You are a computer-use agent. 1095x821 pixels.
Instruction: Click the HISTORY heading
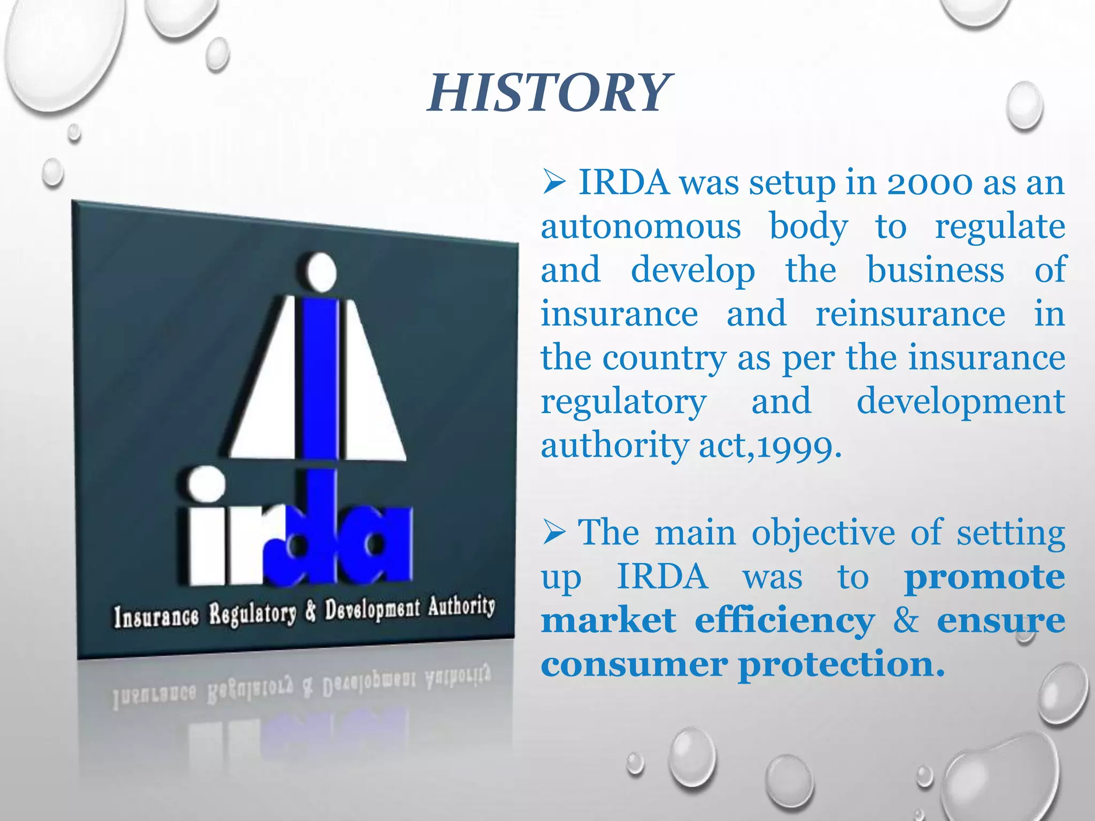[547, 94]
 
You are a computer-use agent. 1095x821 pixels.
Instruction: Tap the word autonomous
[641, 227]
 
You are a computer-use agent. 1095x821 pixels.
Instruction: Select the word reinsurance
[910, 314]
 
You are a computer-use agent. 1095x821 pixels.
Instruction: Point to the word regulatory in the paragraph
[623, 402]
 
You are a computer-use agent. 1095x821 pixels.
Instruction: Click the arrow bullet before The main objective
[554, 533]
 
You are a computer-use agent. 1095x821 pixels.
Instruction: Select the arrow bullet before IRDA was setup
[554, 183]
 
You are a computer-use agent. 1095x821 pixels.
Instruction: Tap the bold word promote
[984, 577]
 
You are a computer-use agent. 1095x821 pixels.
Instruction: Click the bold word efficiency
[784, 621]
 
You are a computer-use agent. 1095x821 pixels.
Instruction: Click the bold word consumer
[634, 665]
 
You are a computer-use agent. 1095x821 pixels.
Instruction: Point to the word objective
[823, 533]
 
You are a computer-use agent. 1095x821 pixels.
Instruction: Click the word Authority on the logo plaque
[461, 607]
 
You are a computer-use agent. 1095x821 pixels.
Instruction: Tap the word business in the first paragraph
[935, 270]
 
